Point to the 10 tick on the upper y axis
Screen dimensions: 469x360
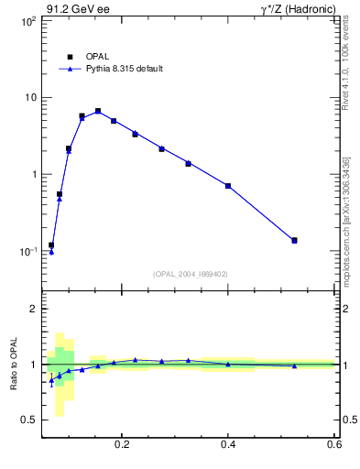(28, 98)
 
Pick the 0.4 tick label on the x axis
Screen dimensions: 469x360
(228, 444)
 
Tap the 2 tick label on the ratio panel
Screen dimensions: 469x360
(34, 310)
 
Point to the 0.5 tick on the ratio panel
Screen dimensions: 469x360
(28, 420)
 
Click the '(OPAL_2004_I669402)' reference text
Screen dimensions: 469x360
(190, 274)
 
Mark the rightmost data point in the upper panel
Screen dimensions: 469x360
(294, 240)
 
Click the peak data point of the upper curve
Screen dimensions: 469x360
(98, 111)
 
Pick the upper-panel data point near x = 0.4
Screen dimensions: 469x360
(228, 186)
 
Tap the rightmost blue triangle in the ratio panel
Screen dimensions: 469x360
(294, 366)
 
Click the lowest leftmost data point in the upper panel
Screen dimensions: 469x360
(51, 245)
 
